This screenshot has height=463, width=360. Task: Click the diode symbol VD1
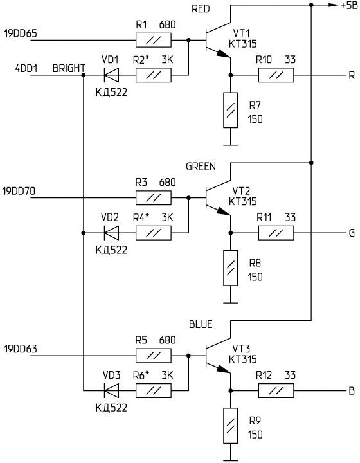[112, 75]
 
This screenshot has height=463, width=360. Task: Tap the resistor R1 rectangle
[154, 40]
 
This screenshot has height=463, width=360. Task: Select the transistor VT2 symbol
[218, 197]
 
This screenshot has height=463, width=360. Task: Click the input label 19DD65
[21, 33]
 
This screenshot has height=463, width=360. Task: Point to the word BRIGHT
[69, 68]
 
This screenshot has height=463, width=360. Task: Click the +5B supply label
[349, 5]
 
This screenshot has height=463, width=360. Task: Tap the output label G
[352, 233]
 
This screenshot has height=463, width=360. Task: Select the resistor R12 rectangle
[276, 391]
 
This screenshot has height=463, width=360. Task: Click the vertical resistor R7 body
[230, 110]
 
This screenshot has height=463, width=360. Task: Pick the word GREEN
[201, 167]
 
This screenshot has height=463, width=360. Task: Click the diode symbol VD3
[112, 391]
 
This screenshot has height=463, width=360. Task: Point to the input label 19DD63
[21, 349]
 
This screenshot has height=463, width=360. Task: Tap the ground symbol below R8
[230, 302]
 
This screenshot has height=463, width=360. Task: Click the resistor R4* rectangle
[154, 233]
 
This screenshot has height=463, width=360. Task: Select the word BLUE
[201, 324]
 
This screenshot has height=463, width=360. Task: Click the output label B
[352, 391]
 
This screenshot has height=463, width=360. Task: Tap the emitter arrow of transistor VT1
[223, 54]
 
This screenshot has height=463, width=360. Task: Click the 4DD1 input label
[26, 68]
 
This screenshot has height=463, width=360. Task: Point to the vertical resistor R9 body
[230, 426]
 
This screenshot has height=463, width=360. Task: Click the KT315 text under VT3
[243, 359]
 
